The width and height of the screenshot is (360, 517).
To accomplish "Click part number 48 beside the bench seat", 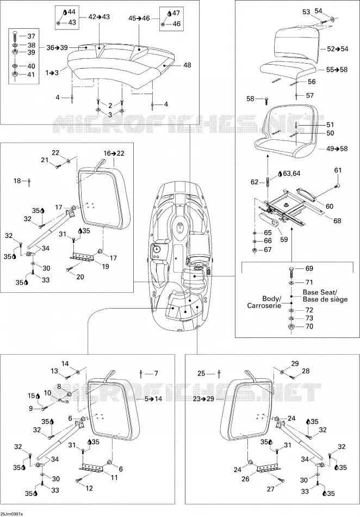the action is pos(187,65).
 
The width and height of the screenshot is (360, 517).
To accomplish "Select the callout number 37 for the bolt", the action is pos(31,36).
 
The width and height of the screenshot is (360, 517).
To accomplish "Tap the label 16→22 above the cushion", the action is pos(114,153).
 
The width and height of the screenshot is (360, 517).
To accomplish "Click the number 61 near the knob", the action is pos(338,170).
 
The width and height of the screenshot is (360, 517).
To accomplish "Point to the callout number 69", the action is pos(309,268).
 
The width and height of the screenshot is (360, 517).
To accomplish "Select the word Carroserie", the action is pos(264,306).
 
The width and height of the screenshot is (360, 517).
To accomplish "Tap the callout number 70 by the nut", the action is pos(309,327).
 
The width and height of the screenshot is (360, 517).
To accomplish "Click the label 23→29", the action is pos(203,398).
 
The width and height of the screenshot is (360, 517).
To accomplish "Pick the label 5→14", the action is pos(153,398).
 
